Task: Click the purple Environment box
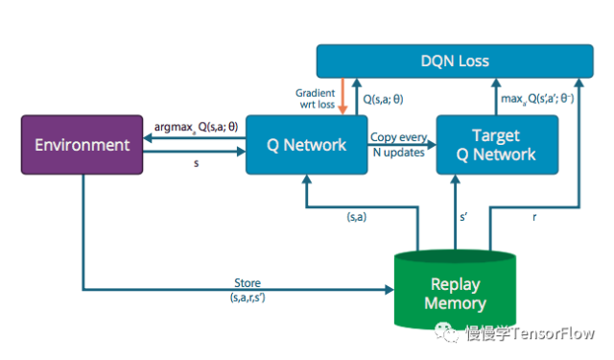(x=82, y=145)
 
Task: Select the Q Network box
(x=306, y=145)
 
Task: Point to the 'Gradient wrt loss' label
(x=314, y=99)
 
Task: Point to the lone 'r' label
(x=534, y=218)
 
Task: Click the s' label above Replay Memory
(x=465, y=218)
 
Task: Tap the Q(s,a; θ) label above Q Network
(x=384, y=99)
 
